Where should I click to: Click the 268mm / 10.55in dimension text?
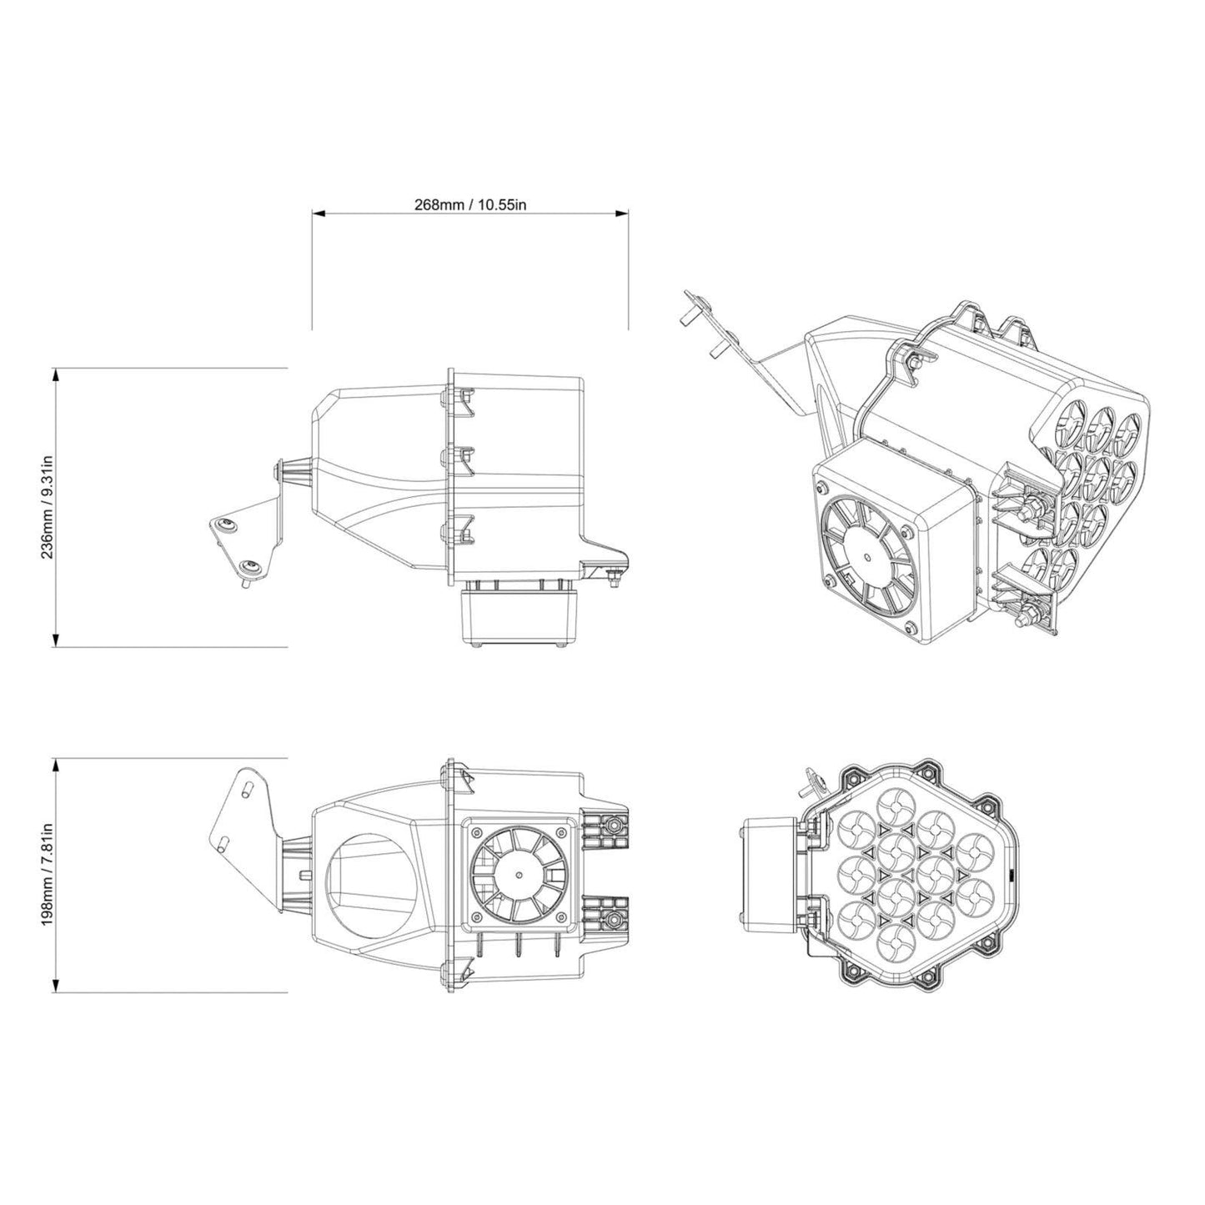click(470, 204)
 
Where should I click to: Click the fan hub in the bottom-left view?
click(519, 875)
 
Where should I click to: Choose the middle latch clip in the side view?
click(457, 455)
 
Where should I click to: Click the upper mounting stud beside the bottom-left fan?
click(615, 824)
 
